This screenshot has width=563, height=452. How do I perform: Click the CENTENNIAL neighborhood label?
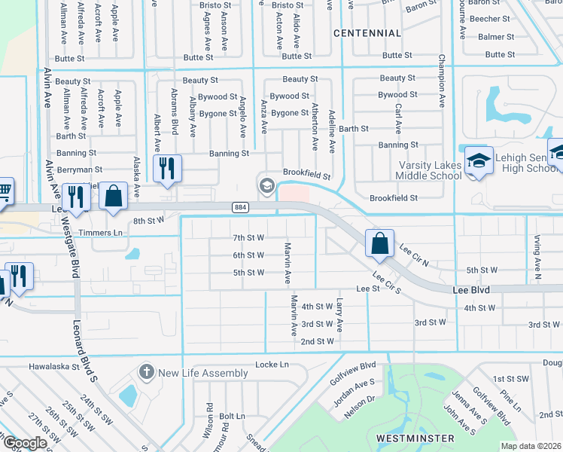367,33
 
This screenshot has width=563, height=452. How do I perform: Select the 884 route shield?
240,207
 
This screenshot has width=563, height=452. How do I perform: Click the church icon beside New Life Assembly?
146,372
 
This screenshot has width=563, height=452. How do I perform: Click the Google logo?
25,443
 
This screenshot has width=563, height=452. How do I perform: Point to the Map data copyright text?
531,446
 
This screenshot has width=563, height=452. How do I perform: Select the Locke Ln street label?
272,364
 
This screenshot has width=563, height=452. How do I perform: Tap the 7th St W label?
248,237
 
